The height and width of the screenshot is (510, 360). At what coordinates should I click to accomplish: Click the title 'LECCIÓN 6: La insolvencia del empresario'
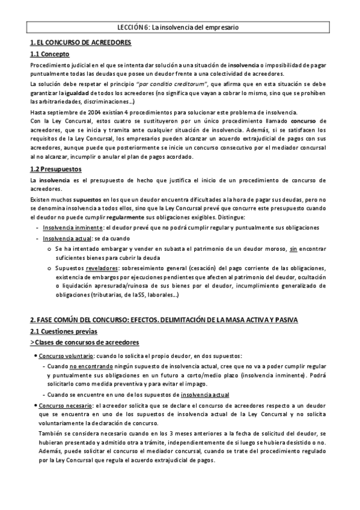[x=180, y=28]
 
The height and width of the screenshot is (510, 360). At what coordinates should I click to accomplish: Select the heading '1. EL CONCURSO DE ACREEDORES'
[x=81, y=43]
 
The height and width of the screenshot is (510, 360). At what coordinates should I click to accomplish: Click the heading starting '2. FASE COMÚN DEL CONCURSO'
[x=163, y=319]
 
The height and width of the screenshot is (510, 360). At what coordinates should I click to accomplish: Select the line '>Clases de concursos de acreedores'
[x=85, y=342]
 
